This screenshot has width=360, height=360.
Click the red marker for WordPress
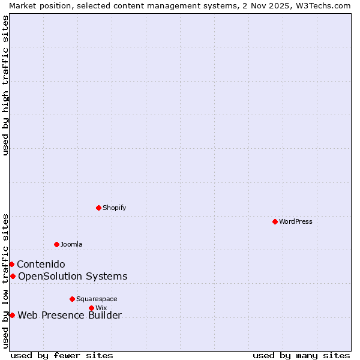click(275, 221)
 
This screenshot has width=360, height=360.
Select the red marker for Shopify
click(98, 208)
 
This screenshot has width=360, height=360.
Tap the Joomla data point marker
click(56, 244)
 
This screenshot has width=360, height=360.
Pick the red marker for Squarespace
click(72, 299)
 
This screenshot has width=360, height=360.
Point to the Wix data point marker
click(91, 308)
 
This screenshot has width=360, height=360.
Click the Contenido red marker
click(11, 264)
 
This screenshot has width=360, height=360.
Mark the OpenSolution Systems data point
click(13, 276)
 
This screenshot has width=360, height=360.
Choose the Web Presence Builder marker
click(12, 315)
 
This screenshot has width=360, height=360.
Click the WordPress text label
click(296, 221)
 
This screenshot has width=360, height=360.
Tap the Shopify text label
click(115, 208)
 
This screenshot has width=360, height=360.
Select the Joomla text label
click(71, 244)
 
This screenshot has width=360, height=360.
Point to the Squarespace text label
click(97, 299)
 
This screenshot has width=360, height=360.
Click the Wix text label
click(101, 308)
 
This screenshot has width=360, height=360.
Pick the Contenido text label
click(41, 264)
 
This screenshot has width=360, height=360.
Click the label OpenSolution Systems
click(73, 276)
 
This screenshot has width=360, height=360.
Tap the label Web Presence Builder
click(70, 316)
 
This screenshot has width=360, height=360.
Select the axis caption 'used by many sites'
click(301, 355)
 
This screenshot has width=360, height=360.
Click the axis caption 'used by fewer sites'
click(62, 355)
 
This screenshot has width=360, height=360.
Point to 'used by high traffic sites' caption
click(5, 85)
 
